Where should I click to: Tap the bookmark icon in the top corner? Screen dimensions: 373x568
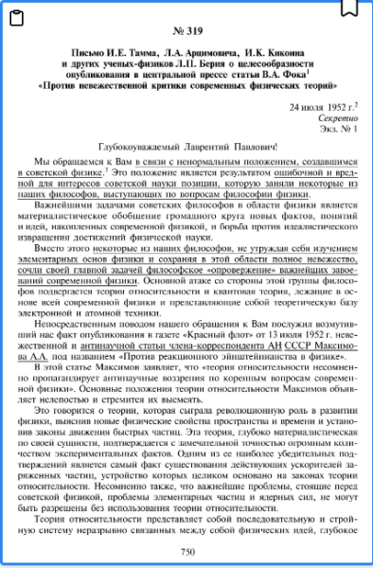click(350, 7)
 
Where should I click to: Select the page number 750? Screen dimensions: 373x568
click(186, 551)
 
